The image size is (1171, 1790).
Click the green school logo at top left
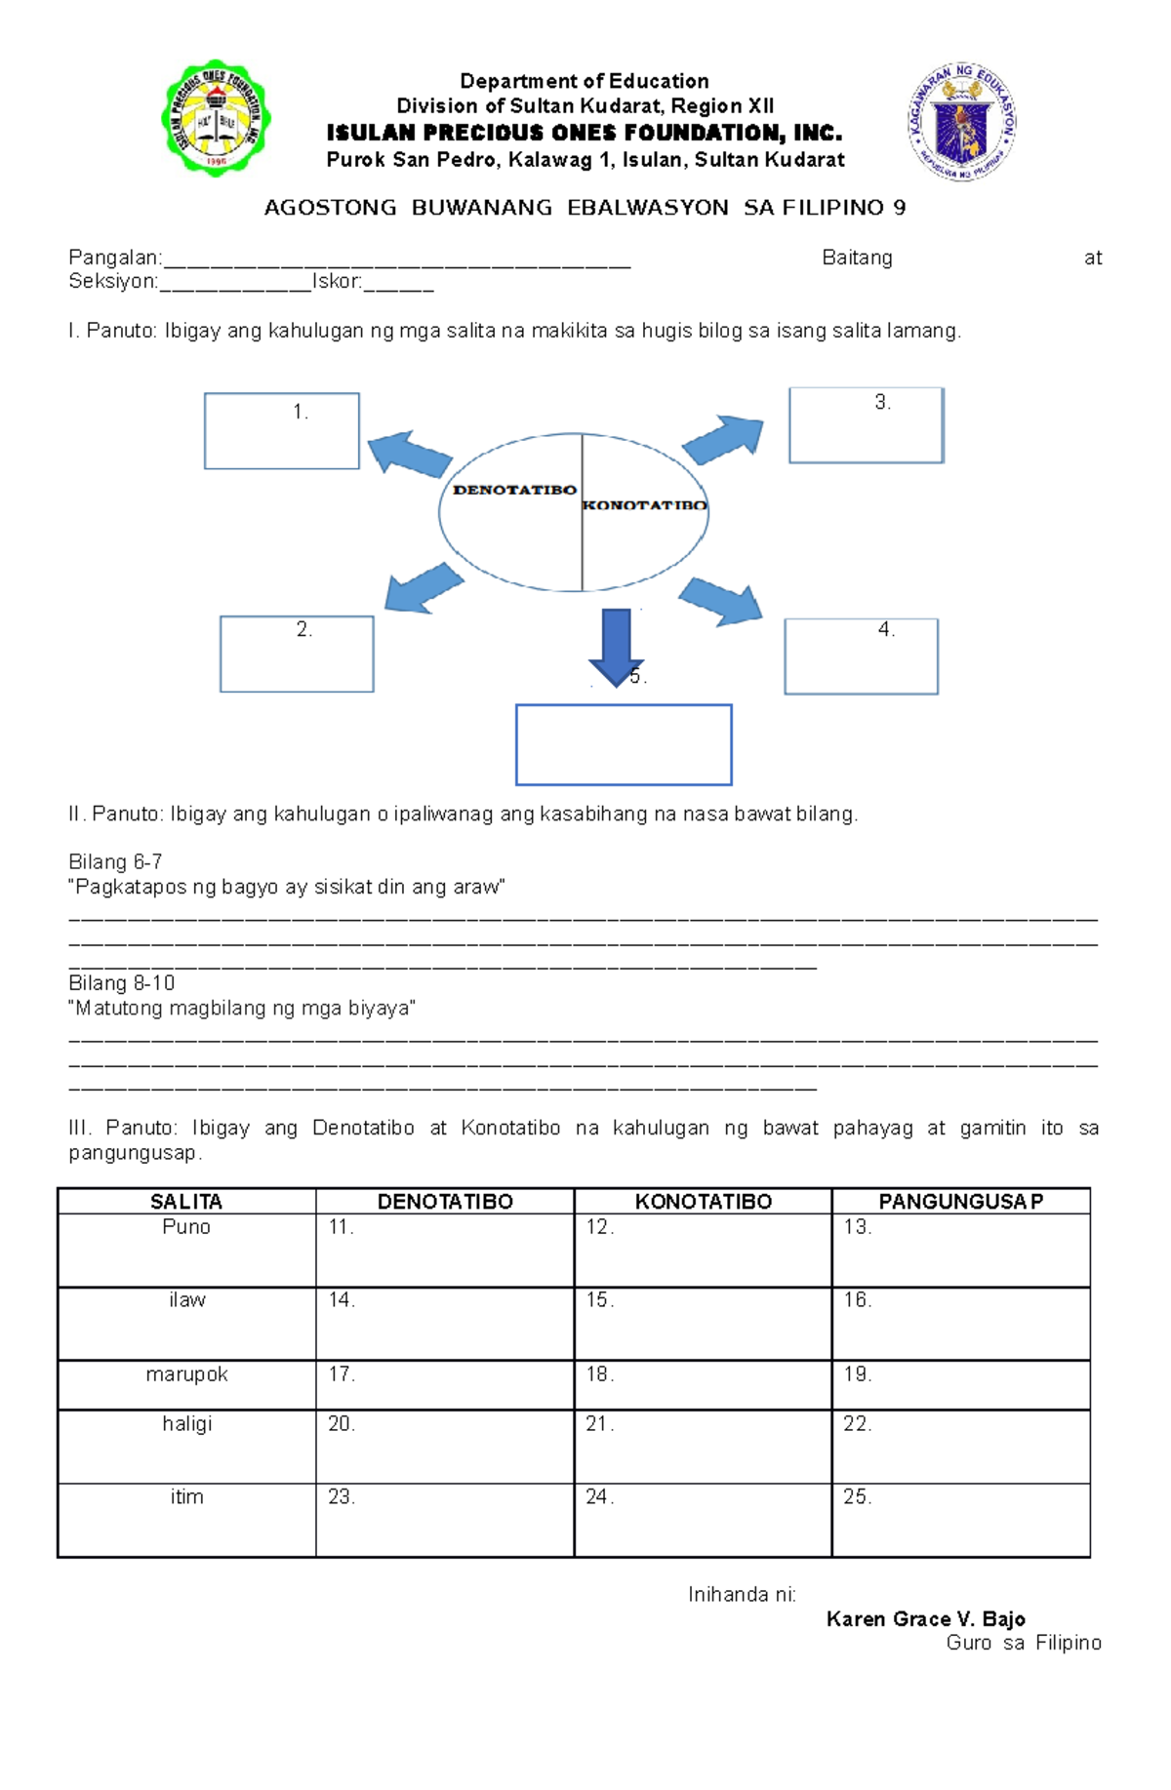[216, 119]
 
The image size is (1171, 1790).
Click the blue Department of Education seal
[962, 122]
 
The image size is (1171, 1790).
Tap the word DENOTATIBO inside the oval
[514, 490]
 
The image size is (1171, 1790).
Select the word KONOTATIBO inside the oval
[644, 505]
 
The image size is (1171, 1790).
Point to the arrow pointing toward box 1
[409, 454]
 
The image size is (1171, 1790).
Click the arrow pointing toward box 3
[723, 439]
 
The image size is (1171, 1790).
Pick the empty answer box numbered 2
[297, 655]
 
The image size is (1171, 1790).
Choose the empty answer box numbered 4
[861, 656]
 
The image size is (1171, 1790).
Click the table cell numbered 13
[960, 1250]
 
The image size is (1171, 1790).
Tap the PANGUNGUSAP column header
[960, 1202]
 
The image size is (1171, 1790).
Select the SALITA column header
[186, 1202]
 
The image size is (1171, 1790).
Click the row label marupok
[186, 1374]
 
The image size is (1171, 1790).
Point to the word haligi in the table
[186, 1424]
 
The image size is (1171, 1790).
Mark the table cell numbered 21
[703, 1446]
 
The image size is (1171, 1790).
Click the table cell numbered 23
[445, 1519]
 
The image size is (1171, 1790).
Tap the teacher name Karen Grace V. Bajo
[925, 1619]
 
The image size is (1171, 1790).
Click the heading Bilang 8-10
[122, 983]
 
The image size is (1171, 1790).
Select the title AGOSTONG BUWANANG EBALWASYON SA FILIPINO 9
[585, 208]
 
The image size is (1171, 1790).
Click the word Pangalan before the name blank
[114, 259]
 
